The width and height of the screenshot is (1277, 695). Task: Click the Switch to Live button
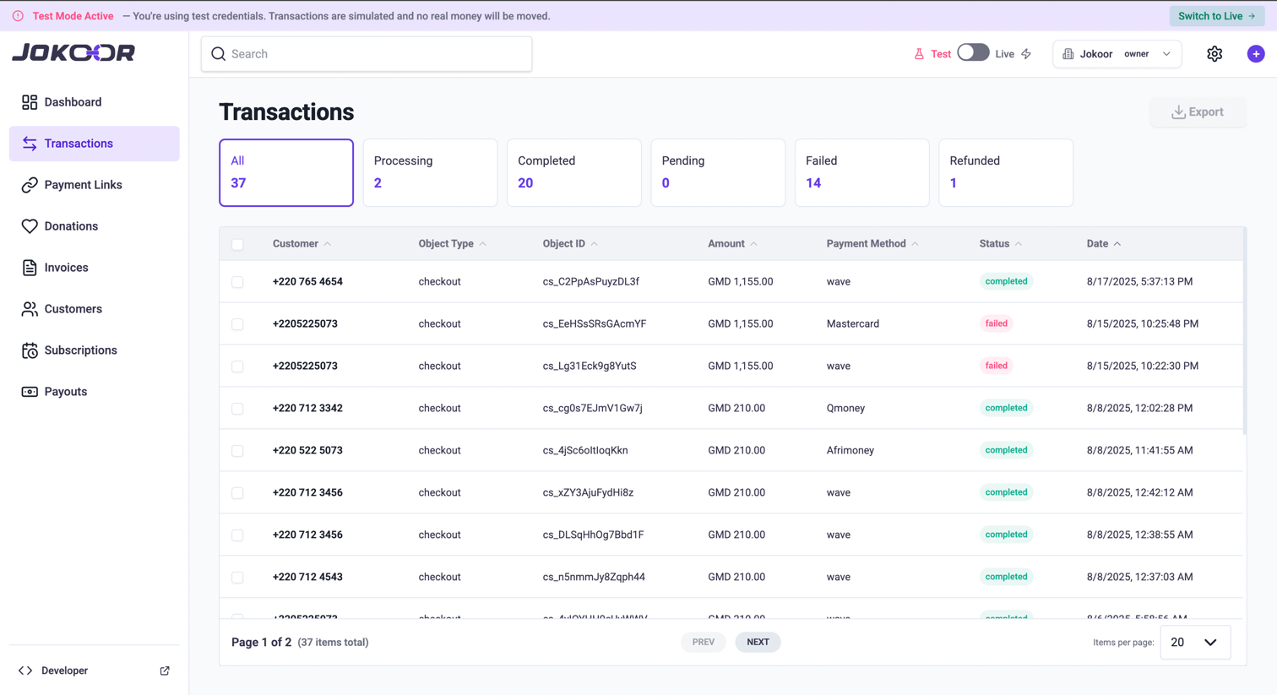click(1216, 16)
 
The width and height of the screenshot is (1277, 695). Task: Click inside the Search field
click(367, 54)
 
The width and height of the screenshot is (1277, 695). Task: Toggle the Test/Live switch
click(973, 53)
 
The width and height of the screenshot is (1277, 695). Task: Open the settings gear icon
click(1215, 54)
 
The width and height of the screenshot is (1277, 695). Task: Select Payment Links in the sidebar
click(83, 185)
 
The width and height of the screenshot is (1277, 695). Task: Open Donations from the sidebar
click(71, 226)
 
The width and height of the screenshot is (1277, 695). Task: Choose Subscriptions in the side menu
click(80, 350)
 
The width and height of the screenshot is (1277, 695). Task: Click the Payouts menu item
click(65, 392)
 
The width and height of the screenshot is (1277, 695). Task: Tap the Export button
click(1198, 112)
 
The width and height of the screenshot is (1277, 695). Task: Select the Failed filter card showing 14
click(861, 172)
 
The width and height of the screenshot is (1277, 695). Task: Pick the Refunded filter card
click(1005, 172)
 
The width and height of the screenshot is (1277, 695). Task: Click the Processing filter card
click(430, 172)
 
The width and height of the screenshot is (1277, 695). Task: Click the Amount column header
click(726, 244)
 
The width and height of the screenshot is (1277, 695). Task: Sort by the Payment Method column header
click(866, 244)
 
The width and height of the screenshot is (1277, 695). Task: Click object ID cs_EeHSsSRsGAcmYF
click(595, 323)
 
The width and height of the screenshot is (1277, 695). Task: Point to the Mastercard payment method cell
click(852, 323)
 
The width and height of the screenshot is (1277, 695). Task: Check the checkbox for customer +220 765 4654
click(237, 282)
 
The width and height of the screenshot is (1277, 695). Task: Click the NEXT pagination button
click(758, 643)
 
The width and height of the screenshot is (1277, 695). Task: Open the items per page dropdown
click(1194, 643)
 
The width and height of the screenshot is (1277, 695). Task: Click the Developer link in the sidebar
click(64, 671)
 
